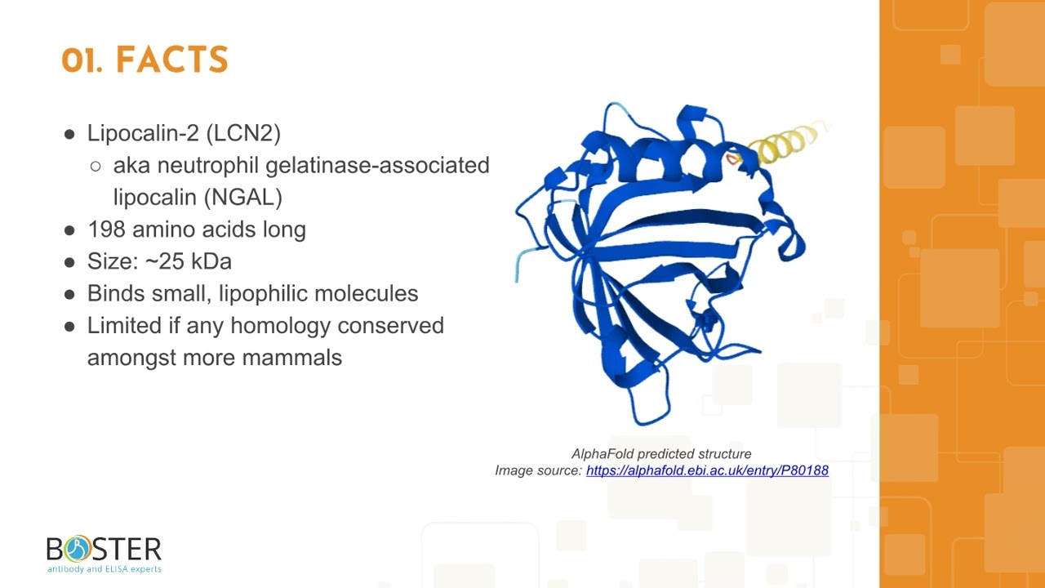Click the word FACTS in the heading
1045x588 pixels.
coord(171,60)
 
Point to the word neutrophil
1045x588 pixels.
coord(208,165)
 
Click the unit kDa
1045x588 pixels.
coord(211,261)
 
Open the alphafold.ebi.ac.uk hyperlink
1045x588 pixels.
coord(707,470)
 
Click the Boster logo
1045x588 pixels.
coord(104,549)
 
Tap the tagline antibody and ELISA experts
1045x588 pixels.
coord(104,568)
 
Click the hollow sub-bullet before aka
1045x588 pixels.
coord(96,166)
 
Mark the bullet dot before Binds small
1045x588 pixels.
coord(69,294)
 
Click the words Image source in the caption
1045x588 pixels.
coord(538,470)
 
